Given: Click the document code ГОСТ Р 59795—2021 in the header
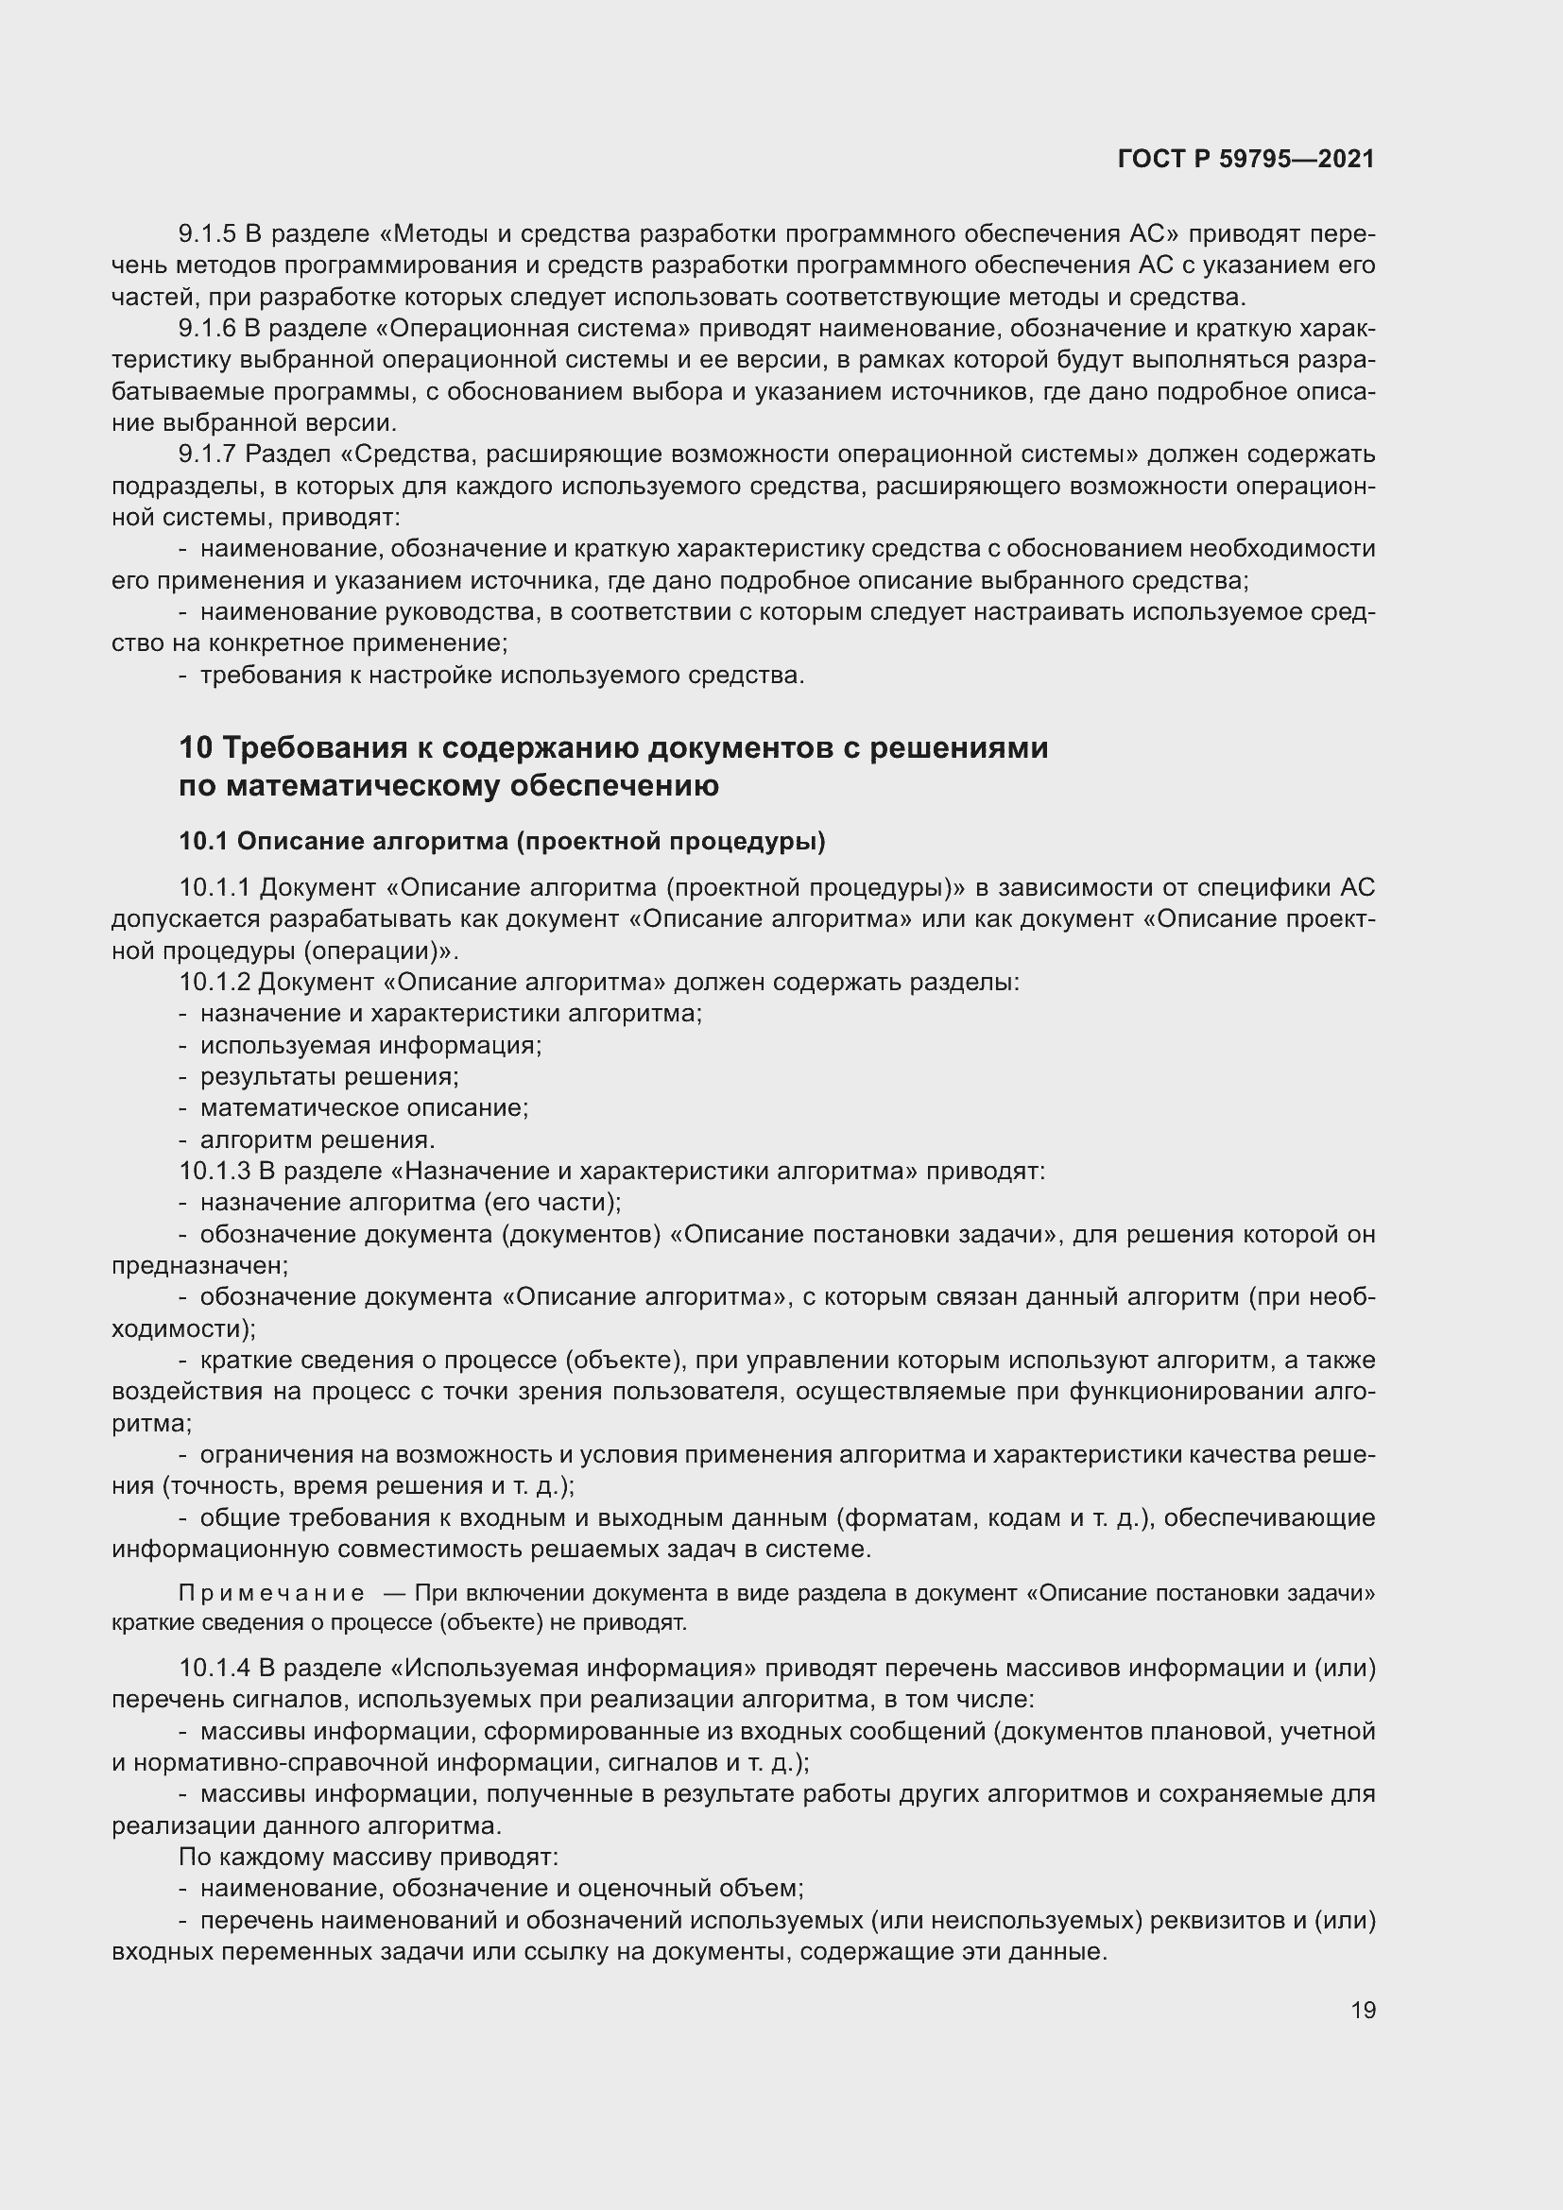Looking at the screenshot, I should [x=1245, y=159].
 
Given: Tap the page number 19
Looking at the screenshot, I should [x=1363, y=2010].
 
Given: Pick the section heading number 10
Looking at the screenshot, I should [x=196, y=748].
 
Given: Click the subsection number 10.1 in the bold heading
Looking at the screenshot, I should [x=202, y=841].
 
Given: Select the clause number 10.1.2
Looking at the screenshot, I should [x=215, y=982].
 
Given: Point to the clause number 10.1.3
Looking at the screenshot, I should [x=215, y=1172].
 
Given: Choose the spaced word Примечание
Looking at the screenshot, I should [x=271, y=1593].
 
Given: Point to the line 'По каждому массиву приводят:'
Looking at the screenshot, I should [x=369, y=1857].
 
